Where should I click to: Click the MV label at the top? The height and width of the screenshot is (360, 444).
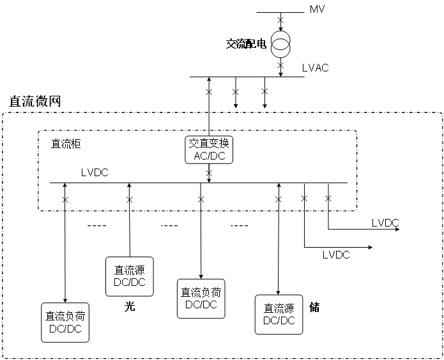pyautogui.click(x=318, y=10)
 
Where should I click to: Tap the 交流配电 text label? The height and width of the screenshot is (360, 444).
pyautogui.click(x=246, y=44)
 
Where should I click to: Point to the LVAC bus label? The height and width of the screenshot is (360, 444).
pyautogui.click(x=315, y=68)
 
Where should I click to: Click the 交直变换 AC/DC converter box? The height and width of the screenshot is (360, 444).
pyautogui.click(x=209, y=150)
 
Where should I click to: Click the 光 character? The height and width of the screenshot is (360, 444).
pyautogui.click(x=129, y=306)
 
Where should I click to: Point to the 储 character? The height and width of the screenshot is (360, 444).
pyautogui.click(x=314, y=308)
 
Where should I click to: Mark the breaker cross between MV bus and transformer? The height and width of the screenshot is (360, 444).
pyautogui.click(x=280, y=22)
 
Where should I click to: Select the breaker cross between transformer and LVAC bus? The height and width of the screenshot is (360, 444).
pyautogui.click(x=280, y=64)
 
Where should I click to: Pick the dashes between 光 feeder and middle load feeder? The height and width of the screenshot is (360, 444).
pyautogui.click(x=169, y=225)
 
